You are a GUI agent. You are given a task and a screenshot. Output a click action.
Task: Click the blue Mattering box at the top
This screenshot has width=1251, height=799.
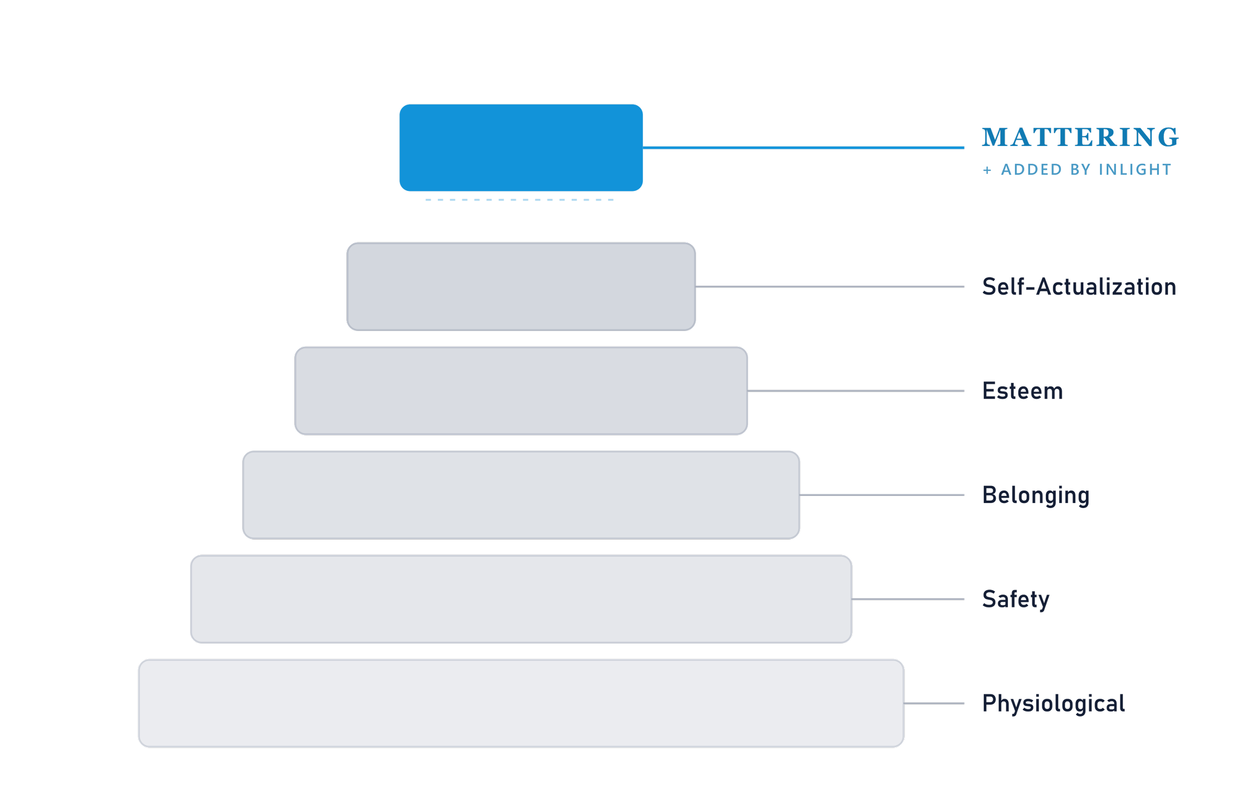point(521,148)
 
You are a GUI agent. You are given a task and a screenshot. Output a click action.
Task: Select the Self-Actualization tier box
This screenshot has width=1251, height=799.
point(521,286)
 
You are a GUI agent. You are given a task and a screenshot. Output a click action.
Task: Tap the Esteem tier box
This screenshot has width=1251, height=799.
point(521,390)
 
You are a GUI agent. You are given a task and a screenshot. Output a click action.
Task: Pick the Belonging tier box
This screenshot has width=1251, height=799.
point(521,495)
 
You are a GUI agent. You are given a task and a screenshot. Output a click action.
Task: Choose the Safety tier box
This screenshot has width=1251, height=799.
point(521,599)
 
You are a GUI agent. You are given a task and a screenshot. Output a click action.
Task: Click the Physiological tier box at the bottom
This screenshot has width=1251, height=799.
point(521,703)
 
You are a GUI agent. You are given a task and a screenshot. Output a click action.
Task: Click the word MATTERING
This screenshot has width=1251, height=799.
point(1080,137)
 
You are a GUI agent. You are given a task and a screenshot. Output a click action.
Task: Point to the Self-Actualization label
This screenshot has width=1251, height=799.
point(1079,286)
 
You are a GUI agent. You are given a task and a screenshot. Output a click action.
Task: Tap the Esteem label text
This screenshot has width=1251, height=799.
point(1022,391)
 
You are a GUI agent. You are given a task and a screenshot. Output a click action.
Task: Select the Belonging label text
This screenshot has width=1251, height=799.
point(1036,495)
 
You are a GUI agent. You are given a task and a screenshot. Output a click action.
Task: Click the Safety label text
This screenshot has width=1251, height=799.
point(1016,599)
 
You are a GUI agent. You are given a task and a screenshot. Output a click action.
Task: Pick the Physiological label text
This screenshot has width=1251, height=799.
point(1053,704)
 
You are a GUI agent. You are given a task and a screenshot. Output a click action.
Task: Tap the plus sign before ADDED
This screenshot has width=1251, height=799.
point(987,170)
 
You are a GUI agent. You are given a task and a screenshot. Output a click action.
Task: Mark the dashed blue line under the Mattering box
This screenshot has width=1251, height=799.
point(519,200)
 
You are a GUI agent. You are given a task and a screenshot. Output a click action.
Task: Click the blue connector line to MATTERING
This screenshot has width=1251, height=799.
point(803,148)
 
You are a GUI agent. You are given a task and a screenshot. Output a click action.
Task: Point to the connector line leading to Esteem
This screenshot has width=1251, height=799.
point(856,390)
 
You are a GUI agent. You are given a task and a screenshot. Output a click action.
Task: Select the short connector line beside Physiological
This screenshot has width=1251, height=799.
point(934,703)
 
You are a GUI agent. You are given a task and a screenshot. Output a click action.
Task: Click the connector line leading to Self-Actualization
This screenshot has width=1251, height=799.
point(830,286)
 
